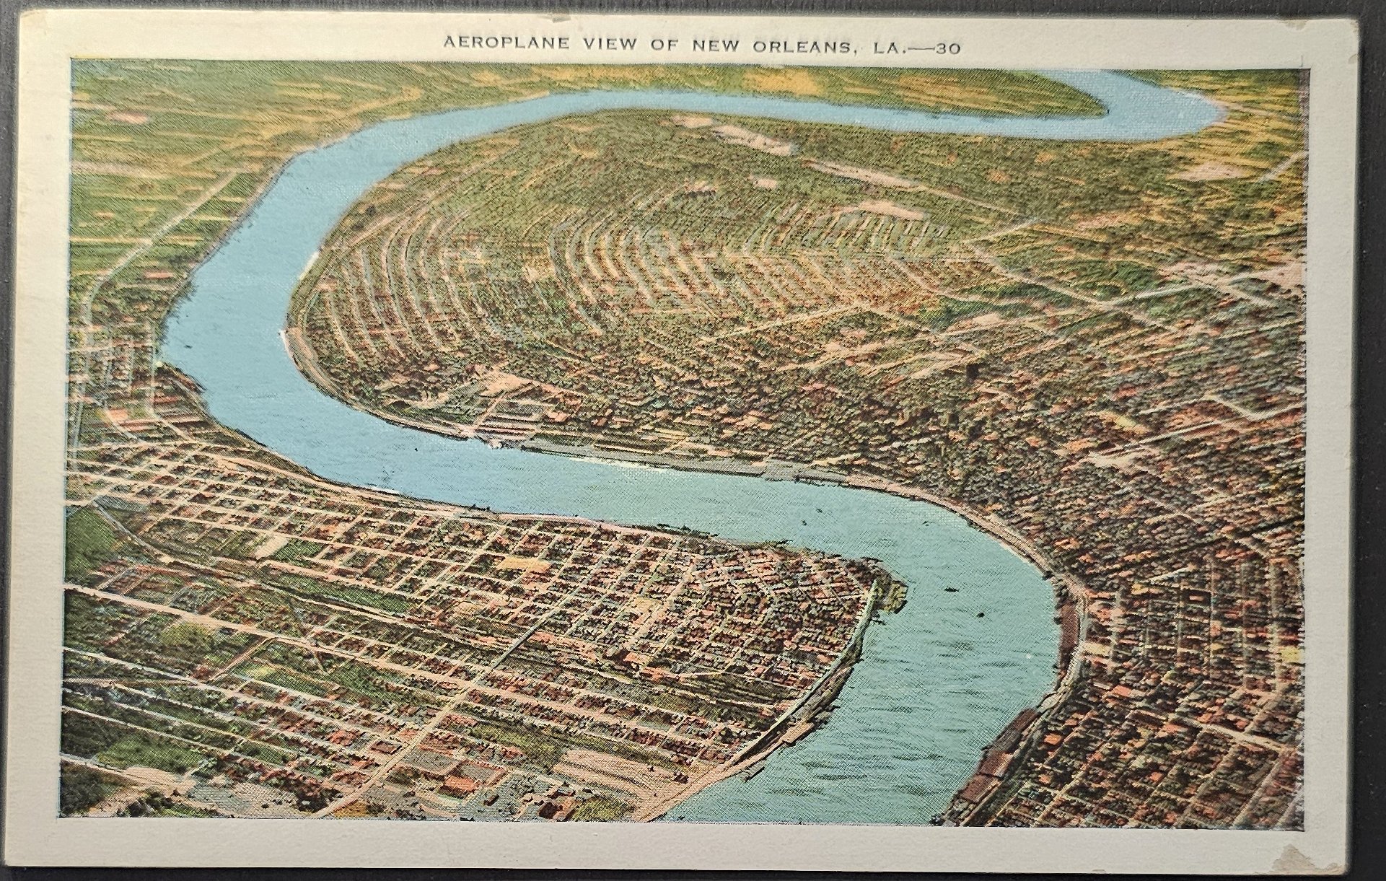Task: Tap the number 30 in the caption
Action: pyautogui.click(x=947, y=45)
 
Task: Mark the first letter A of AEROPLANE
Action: pyautogui.click(x=448, y=44)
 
